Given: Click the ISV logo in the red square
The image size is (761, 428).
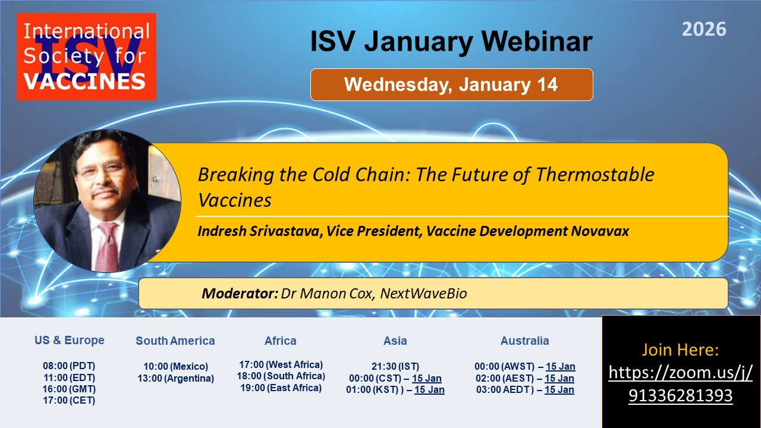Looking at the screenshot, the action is coord(86,56).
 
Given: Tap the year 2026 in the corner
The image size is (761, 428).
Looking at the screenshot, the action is coord(704,29).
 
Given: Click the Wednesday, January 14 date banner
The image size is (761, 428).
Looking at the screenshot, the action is coord(451,84).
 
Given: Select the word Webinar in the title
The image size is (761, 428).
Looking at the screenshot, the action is coord(537,42).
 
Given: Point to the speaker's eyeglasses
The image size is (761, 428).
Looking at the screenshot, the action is coord(102,170).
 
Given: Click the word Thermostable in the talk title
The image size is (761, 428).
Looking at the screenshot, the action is coord(595,175).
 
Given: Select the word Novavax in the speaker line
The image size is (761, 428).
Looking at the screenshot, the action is coord(600,231).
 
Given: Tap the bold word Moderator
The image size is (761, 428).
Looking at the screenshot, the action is coord(240,294).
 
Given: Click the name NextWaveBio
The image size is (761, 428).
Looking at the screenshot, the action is coord(423,294).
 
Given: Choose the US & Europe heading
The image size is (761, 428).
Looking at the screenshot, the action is coord(70,340).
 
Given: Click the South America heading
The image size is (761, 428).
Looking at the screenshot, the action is coord(175,341).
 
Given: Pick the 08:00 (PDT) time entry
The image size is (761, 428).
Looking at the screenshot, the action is coord(69,366).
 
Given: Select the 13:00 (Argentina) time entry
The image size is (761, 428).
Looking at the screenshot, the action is coord(175,378).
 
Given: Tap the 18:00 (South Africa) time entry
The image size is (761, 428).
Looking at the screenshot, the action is coord(281,376).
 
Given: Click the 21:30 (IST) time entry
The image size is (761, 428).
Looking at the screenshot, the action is coord(395,366).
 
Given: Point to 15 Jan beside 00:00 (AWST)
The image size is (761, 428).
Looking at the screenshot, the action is coord(561,367).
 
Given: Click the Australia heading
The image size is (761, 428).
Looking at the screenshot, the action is coord(524,341).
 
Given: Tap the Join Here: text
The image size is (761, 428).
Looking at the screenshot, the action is coord(680,350).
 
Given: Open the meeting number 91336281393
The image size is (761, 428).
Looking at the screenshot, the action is coord(681,395).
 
